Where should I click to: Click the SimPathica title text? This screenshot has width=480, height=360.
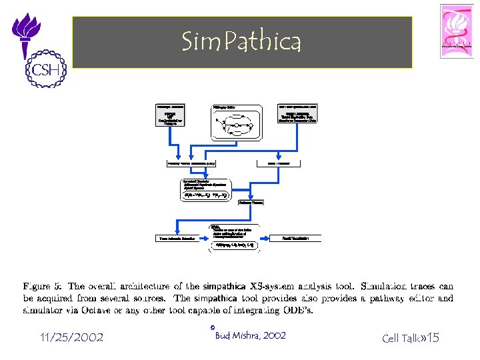tap(241, 42)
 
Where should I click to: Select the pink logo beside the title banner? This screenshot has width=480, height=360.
tap(457, 31)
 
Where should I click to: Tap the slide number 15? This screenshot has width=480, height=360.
tap(433, 338)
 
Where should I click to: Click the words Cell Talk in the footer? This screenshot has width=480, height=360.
tap(399, 338)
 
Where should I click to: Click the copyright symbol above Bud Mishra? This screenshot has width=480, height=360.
tap(211, 327)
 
